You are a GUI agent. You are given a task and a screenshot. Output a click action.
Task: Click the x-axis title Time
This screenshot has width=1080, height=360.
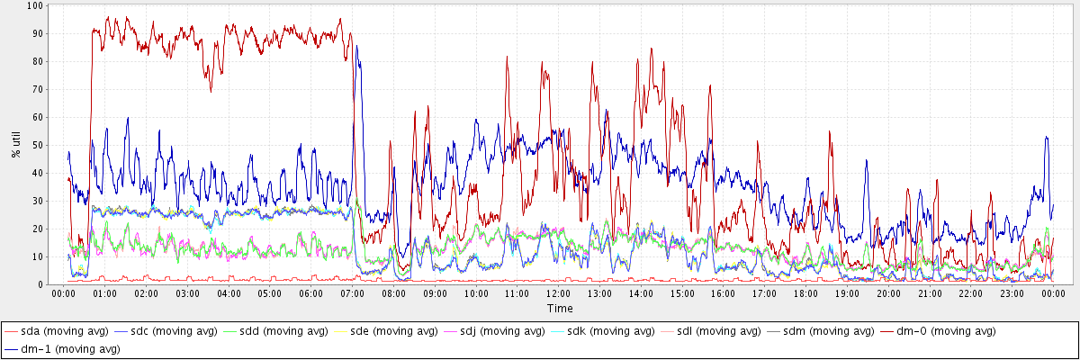[x=560, y=308]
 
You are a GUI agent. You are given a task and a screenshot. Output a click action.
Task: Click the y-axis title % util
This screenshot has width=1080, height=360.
[x=16, y=144]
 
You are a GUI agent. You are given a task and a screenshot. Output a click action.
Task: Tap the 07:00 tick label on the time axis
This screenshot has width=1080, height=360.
[x=353, y=293]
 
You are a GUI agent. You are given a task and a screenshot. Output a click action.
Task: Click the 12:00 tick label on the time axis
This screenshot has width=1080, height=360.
[x=559, y=293]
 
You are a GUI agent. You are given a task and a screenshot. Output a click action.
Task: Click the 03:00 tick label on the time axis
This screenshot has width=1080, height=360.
[x=188, y=293]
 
